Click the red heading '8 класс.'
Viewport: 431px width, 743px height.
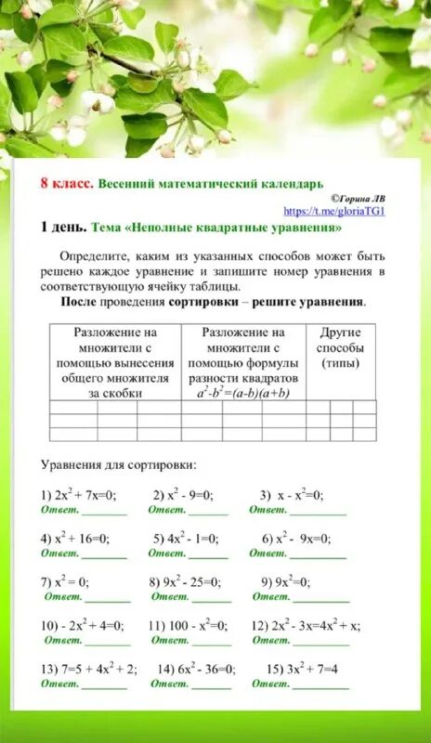67,183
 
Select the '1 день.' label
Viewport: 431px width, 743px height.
64,227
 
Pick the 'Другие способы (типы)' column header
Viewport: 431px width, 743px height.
340,347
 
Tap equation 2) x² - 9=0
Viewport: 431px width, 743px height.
184,495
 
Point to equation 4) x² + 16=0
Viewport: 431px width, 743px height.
75,538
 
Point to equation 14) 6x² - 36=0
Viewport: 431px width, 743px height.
196,669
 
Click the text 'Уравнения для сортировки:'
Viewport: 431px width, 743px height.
118,463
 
